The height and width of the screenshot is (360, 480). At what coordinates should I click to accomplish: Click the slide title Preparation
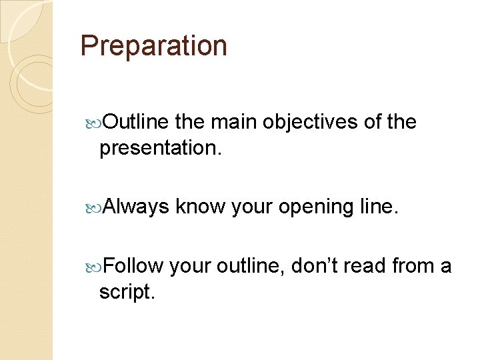coord(153,46)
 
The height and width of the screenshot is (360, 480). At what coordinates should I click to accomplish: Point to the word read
coord(369,266)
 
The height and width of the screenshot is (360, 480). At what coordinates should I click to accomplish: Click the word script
coord(127,292)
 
